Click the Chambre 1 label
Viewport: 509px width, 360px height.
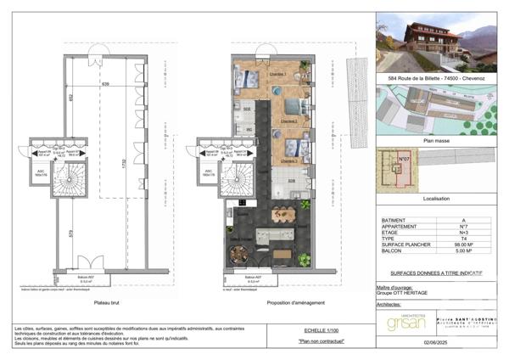[x=277, y=74]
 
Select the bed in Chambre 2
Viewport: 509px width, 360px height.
[x=292, y=108]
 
